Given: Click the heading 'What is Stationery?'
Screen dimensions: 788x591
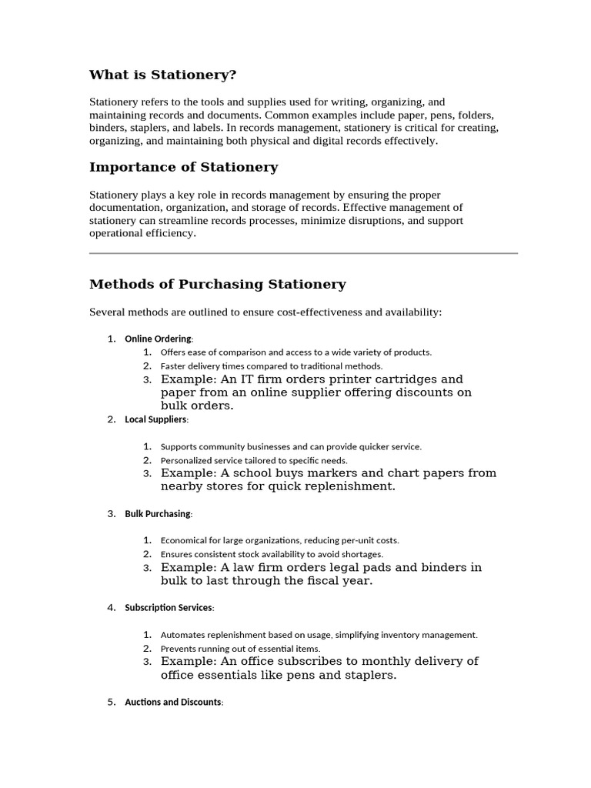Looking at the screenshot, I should (163, 75).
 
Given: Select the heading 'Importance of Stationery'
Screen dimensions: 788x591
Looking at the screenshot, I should (183, 167).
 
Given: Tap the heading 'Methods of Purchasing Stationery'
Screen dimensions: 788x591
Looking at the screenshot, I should (218, 284).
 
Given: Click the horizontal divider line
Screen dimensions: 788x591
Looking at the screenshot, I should (303, 252).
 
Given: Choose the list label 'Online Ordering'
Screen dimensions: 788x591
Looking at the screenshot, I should (159, 339).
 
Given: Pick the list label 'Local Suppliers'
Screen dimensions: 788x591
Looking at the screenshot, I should (155, 419).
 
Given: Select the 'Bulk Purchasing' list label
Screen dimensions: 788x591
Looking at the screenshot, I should (158, 513).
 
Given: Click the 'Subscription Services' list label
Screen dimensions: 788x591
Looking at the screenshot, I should (169, 607).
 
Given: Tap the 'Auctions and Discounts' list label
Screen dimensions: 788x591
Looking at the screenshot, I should (173, 702).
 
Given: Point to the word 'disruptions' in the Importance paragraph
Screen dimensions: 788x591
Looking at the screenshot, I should (373, 221).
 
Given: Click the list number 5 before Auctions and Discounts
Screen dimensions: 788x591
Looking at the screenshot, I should (111, 702).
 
